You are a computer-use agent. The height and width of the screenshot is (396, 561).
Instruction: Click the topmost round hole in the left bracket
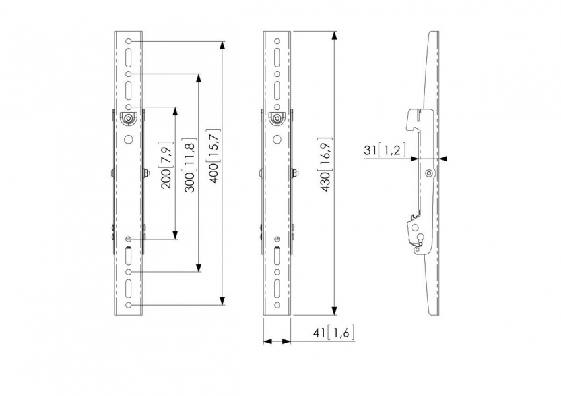tap(129, 42)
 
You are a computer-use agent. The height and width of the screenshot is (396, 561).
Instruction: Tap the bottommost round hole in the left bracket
tap(129, 306)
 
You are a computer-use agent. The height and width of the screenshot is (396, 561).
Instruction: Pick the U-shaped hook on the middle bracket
tap(278, 118)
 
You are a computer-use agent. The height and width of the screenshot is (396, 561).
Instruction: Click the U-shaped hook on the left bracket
tap(129, 118)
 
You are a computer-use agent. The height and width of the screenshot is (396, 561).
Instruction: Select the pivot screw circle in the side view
tap(430, 174)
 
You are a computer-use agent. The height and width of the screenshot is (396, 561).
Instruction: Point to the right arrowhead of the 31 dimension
tap(442, 158)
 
